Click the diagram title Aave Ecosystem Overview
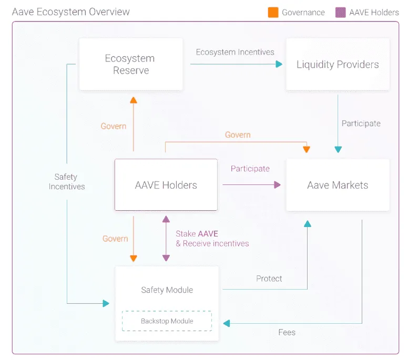click(x=71, y=12)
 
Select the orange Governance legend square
click(x=273, y=12)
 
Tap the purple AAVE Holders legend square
click(x=341, y=12)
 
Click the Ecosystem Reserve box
click(x=130, y=64)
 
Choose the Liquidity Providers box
click(x=338, y=64)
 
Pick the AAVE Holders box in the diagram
click(x=166, y=185)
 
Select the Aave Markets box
click(x=338, y=185)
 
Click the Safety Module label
click(x=167, y=290)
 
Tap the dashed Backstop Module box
click(x=167, y=321)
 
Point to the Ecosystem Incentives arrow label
click(x=235, y=52)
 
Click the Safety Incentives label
click(x=67, y=181)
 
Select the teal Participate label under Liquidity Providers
click(x=361, y=124)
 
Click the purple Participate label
click(x=250, y=169)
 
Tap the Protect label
click(x=269, y=279)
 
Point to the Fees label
click(x=287, y=332)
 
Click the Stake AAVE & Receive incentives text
click(x=212, y=239)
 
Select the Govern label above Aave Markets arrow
click(x=238, y=135)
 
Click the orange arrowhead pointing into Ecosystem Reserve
click(x=134, y=100)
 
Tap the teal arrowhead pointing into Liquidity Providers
click(x=279, y=64)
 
